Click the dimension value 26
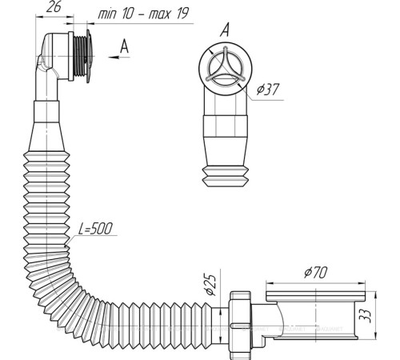click(x=54, y=7)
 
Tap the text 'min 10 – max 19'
click(x=144, y=14)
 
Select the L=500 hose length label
click(x=95, y=229)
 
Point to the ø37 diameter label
click(x=268, y=89)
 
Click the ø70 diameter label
click(x=316, y=273)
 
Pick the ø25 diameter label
click(x=210, y=285)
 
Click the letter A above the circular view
click(x=225, y=30)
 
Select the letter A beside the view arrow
click(x=124, y=46)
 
